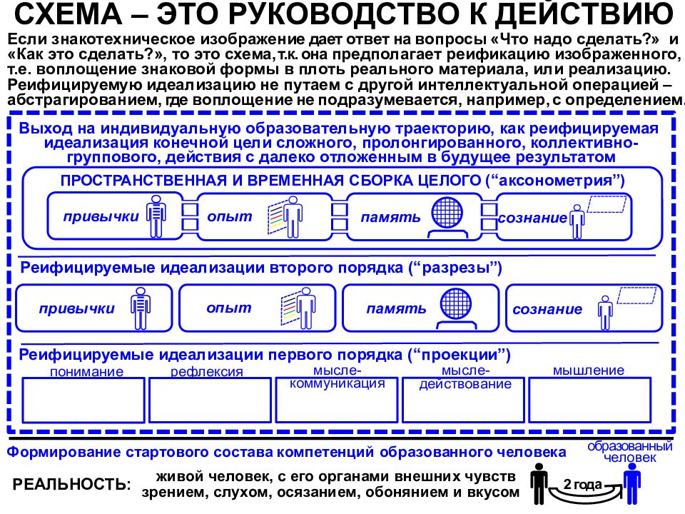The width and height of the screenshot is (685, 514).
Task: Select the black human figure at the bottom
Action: point(539,482)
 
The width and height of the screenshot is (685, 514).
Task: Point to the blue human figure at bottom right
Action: point(630,482)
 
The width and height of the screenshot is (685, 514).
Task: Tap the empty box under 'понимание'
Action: point(84,400)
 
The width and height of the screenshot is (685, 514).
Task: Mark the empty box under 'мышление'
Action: point(589,400)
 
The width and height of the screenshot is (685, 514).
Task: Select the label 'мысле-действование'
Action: point(465,378)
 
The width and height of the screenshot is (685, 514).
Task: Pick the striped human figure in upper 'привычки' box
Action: point(156,216)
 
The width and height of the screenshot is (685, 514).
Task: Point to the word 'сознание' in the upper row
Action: point(532,218)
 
